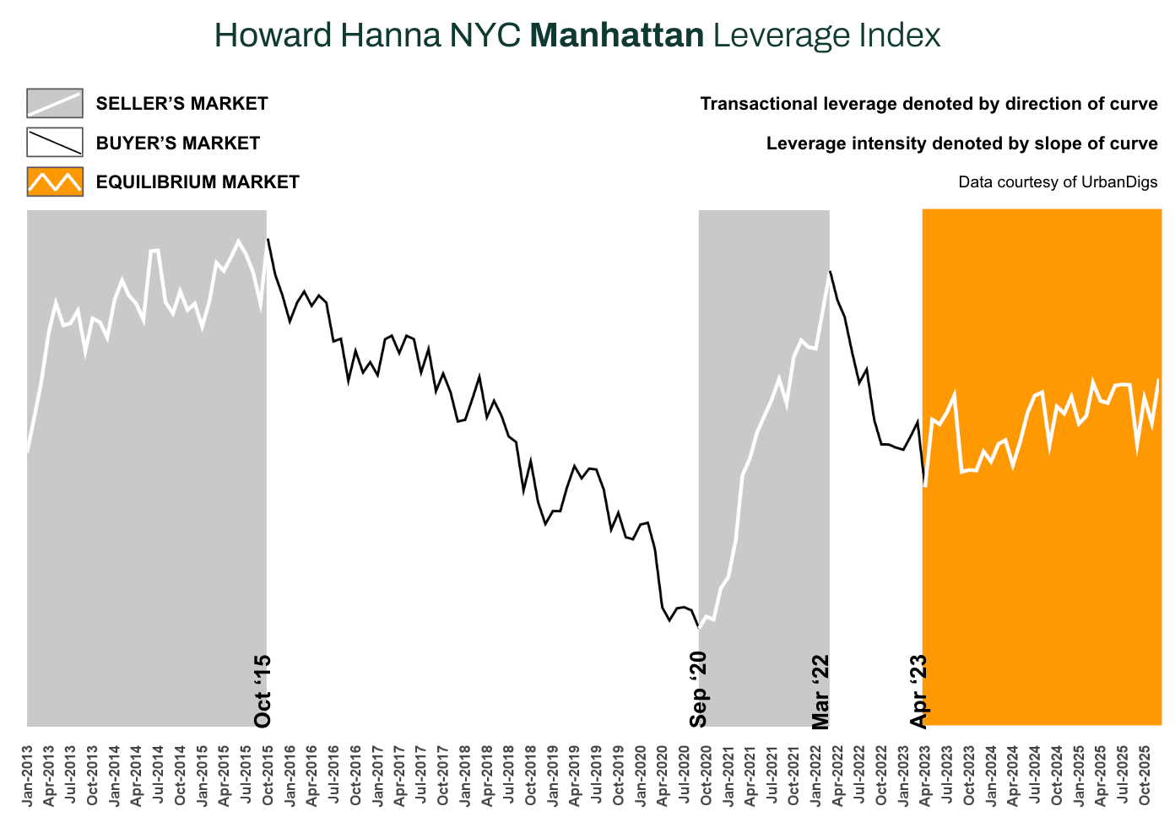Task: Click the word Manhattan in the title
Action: point(616,35)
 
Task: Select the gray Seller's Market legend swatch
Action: point(55,103)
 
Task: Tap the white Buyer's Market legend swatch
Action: point(55,143)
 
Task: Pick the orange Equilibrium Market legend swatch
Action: point(55,181)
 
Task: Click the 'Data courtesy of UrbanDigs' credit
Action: point(1058,182)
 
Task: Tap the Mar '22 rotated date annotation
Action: point(820,691)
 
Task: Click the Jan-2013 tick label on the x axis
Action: point(27,776)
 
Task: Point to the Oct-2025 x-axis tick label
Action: point(1145,776)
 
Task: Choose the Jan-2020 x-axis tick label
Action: point(641,776)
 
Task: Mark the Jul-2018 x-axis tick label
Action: point(509,776)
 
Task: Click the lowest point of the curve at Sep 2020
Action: point(699,628)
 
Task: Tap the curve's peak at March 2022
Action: point(831,272)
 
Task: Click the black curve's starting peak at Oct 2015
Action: point(268,240)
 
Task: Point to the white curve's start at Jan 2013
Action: point(28,452)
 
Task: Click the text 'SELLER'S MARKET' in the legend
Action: point(181,104)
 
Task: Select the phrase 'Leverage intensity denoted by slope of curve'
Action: point(961,143)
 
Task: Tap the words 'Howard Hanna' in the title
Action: point(327,35)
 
